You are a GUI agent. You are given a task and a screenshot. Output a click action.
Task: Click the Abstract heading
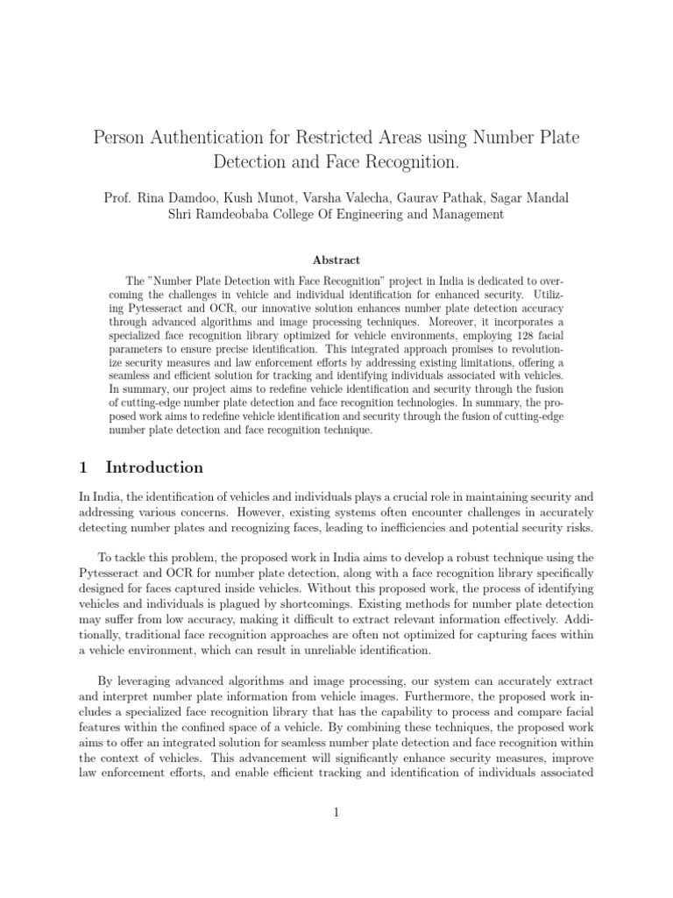[336, 260]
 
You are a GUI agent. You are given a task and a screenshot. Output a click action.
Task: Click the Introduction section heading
[154, 467]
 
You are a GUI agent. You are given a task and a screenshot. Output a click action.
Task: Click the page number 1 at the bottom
[336, 813]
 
